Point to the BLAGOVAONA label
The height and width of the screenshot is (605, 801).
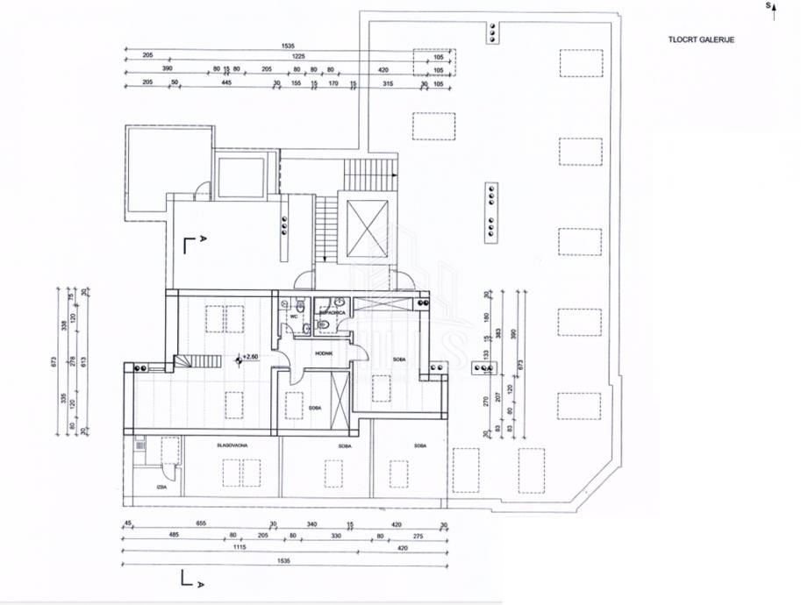click(x=232, y=446)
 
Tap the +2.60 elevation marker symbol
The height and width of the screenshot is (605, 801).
click(x=239, y=358)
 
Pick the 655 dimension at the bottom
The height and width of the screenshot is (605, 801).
click(x=200, y=523)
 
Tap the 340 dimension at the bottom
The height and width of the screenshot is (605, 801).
click(x=311, y=523)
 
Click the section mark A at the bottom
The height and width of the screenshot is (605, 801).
click(x=201, y=583)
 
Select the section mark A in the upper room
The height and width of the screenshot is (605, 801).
click(x=204, y=238)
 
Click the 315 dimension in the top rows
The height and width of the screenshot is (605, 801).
click(x=388, y=83)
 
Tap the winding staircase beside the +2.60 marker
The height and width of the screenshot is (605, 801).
click(x=187, y=362)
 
